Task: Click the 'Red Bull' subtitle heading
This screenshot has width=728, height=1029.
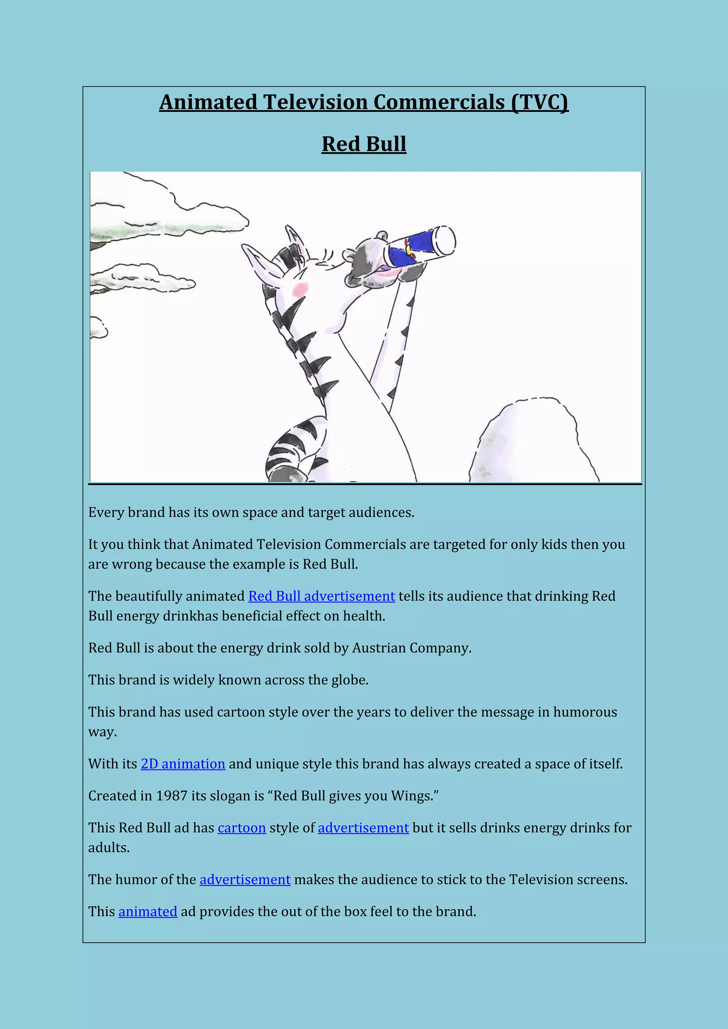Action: tap(364, 144)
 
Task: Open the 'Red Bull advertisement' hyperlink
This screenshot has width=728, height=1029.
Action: tap(321, 596)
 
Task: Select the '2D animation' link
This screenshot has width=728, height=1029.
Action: tap(183, 764)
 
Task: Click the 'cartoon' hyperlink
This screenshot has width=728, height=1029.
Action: tap(242, 828)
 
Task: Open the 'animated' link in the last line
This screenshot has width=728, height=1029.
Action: tap(148, 912)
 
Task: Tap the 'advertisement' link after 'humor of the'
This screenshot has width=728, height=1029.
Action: tap(245, 880)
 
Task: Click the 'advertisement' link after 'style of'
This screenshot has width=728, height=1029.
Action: tap(363, 828)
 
